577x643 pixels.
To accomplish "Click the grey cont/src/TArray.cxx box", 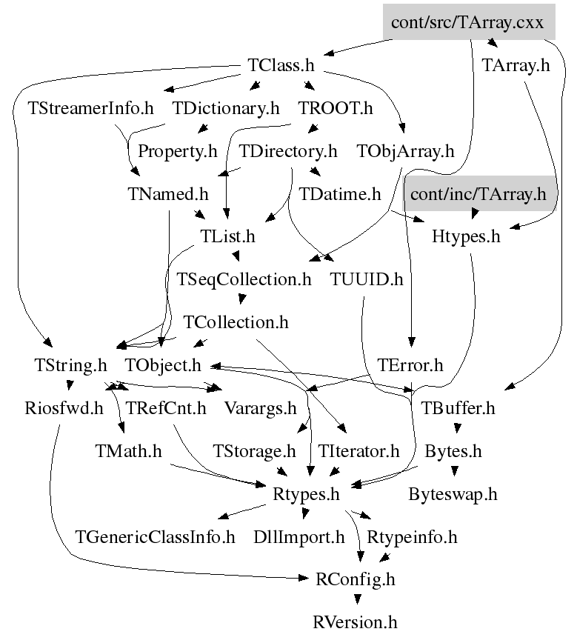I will point(467,23).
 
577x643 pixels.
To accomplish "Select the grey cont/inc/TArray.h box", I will point(478,195).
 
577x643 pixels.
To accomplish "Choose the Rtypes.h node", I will point(306,494).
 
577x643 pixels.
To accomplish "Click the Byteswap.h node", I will point(453,494).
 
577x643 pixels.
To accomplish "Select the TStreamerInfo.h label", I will point(91,109).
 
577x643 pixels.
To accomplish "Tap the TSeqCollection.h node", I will point(244,280).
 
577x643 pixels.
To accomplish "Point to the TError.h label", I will point(410,365).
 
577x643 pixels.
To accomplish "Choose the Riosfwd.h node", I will point(63,408).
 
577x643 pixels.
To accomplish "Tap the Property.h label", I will point(178,152).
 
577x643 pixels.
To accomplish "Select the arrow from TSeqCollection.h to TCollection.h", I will point(241,300).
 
